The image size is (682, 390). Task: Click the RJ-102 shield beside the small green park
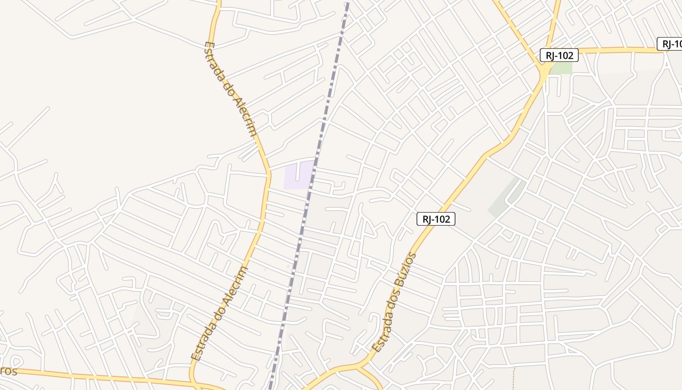[559, 55]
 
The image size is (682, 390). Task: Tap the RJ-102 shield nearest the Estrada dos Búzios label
[436, 219]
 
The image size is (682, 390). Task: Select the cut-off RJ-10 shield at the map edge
[670, 44]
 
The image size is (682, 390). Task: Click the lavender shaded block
[298, 175]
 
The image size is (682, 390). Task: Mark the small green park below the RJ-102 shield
[562, 68]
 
